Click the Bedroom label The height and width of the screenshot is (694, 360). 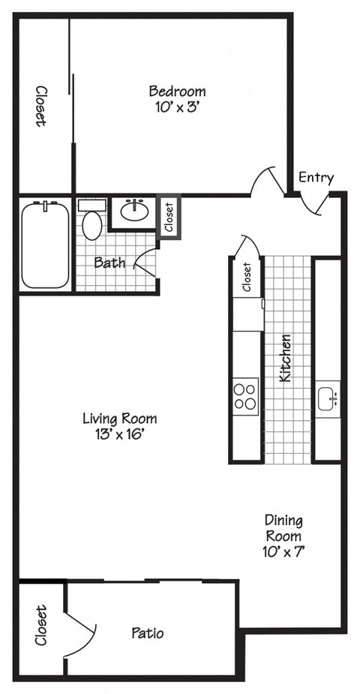click(177, 92)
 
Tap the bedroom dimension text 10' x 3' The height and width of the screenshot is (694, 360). click(177, 107)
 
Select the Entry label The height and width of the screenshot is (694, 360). click(316, 177)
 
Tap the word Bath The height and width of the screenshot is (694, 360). click(109, 263)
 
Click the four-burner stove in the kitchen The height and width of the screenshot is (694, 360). click(245, 395)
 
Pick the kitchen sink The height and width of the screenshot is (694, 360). click(328, 398)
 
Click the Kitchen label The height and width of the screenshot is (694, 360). click(285, 359)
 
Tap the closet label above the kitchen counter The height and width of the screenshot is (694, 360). click(246, 277)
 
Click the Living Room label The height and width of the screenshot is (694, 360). click(119, 419)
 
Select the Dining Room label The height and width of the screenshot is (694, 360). click(283, 527)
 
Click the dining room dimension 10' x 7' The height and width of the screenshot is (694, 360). click(283, 551)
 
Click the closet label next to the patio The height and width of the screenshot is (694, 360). click(40, 626)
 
